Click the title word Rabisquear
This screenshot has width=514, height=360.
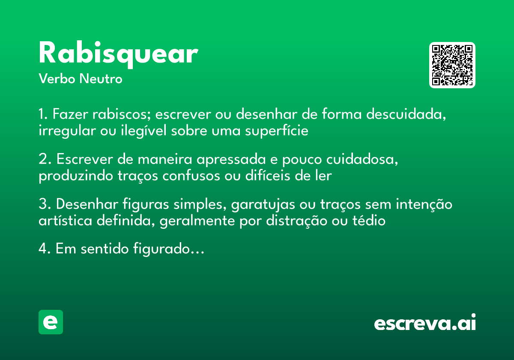(x=118, y=54)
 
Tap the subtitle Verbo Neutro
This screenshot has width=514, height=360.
(x=80, y=79)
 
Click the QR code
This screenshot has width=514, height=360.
(x=452, y=65)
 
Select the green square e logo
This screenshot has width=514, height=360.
(x=51, y=322)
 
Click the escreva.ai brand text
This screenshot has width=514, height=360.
(x=424, y=323)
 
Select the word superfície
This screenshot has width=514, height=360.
(x=277, y=131)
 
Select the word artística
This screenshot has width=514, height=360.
(x=65, y=221)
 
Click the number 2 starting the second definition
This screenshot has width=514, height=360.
(x=43, y=160)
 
